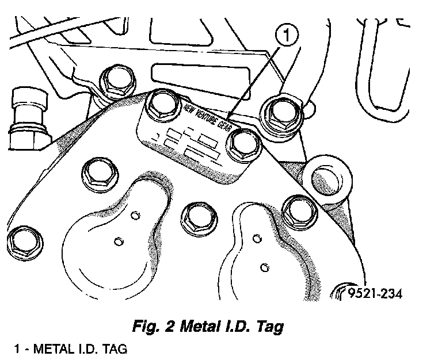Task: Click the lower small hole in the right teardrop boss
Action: (x=264, y=266)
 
